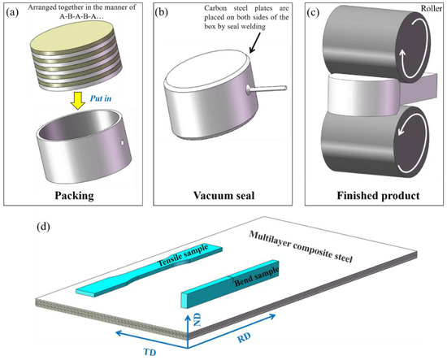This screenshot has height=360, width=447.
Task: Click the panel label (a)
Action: pyautogui.click(x=14, y=12)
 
